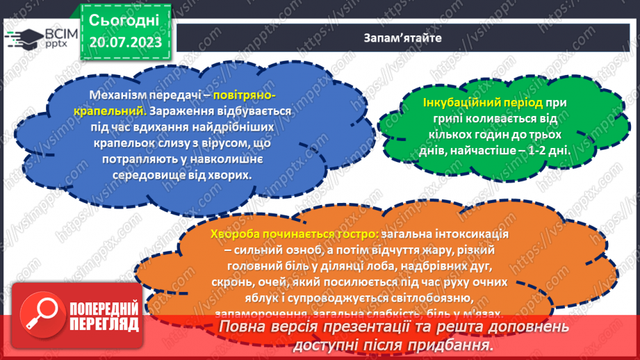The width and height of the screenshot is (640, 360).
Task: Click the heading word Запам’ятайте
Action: (402, 37)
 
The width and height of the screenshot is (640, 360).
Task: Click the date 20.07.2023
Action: (125, 42)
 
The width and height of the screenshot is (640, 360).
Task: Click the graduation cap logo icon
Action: (21, 39)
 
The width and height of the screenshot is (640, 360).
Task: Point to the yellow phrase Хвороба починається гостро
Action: (285, 234)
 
